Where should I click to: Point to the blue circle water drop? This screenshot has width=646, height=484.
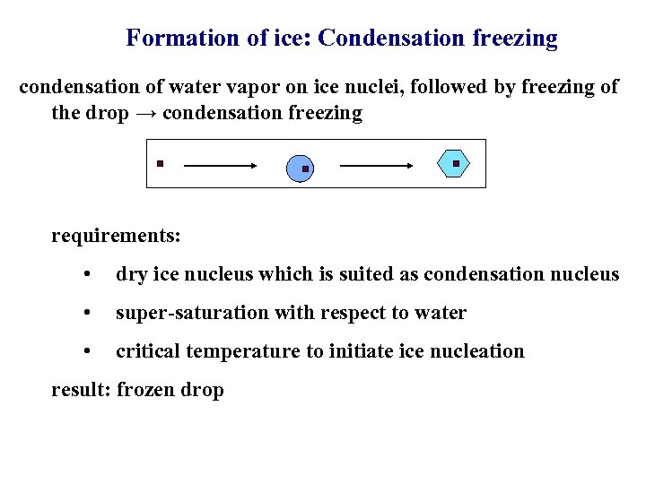(x=301, y=168)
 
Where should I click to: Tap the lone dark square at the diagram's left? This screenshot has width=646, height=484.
(x=159, y=163)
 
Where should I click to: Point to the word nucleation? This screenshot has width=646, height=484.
(x=481, y=351)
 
